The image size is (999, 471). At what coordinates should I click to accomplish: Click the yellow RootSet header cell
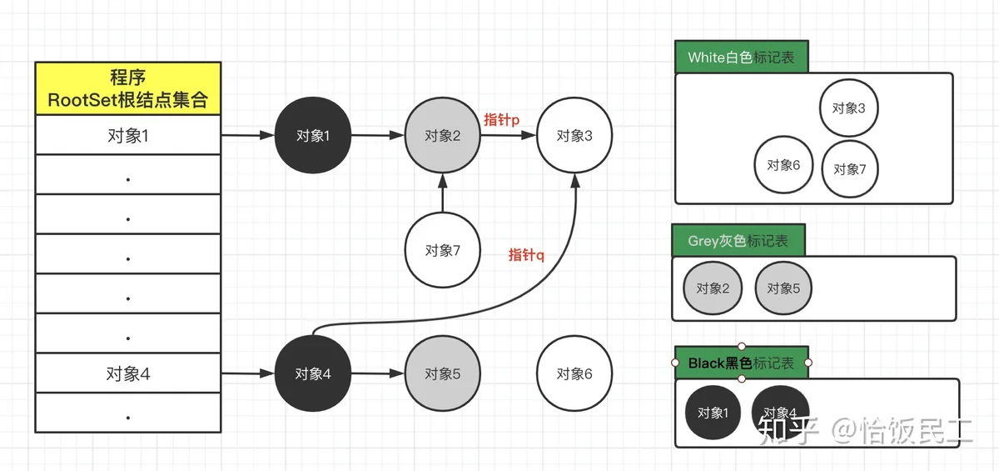[127, 88]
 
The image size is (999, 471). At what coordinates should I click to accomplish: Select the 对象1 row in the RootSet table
[127, 135]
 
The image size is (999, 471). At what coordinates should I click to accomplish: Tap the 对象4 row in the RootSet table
[127, 374]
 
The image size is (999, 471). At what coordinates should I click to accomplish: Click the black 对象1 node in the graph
[313, 136]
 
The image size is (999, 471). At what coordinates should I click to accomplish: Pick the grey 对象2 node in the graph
[442, 136]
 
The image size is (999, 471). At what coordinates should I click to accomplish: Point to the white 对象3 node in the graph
[574, 136]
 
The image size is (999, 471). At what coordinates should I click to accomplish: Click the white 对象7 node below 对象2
[442, 250]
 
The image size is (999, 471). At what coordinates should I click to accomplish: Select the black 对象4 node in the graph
[313, 374]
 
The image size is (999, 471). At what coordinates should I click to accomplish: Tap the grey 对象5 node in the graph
[442, 374]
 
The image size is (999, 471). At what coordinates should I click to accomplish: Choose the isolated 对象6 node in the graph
[574, 374]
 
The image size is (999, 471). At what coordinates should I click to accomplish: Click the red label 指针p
[502, 120]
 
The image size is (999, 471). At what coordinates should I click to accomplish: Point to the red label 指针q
[526, 255]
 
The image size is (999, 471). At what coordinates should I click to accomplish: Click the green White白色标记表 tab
[741, 58]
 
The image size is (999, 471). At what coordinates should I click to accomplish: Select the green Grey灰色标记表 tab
[738, 242]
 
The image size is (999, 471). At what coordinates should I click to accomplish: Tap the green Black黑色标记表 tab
[741, 364]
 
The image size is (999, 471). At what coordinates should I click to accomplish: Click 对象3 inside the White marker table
[849, 108]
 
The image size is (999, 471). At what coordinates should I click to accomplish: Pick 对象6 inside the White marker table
[783, 165]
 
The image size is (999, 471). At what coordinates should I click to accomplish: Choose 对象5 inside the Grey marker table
[783, 288]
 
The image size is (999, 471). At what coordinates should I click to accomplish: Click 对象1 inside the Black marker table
[713, 413]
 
